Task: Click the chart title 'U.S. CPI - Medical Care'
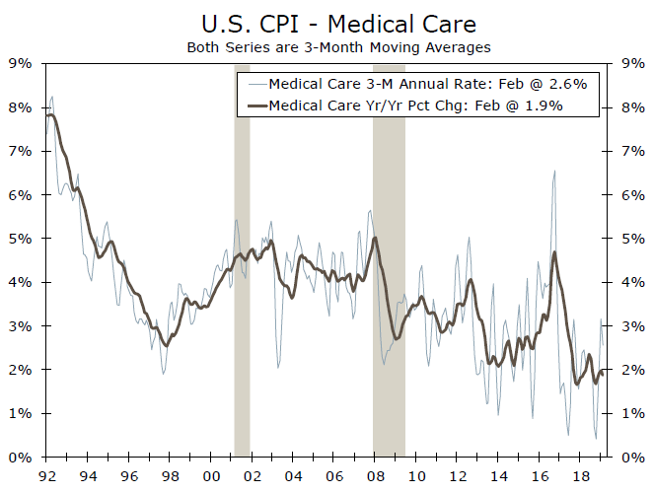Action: (325, 23)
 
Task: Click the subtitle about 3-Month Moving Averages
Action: (325, 46)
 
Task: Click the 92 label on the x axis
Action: (45, 476)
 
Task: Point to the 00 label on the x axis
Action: (210, 476)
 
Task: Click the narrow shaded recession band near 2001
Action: (242, 296)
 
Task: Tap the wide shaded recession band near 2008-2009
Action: (389, 296)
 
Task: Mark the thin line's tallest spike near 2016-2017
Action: (554, 172)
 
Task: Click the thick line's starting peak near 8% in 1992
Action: (50, 115)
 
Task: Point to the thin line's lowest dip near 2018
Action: (595, 438)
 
